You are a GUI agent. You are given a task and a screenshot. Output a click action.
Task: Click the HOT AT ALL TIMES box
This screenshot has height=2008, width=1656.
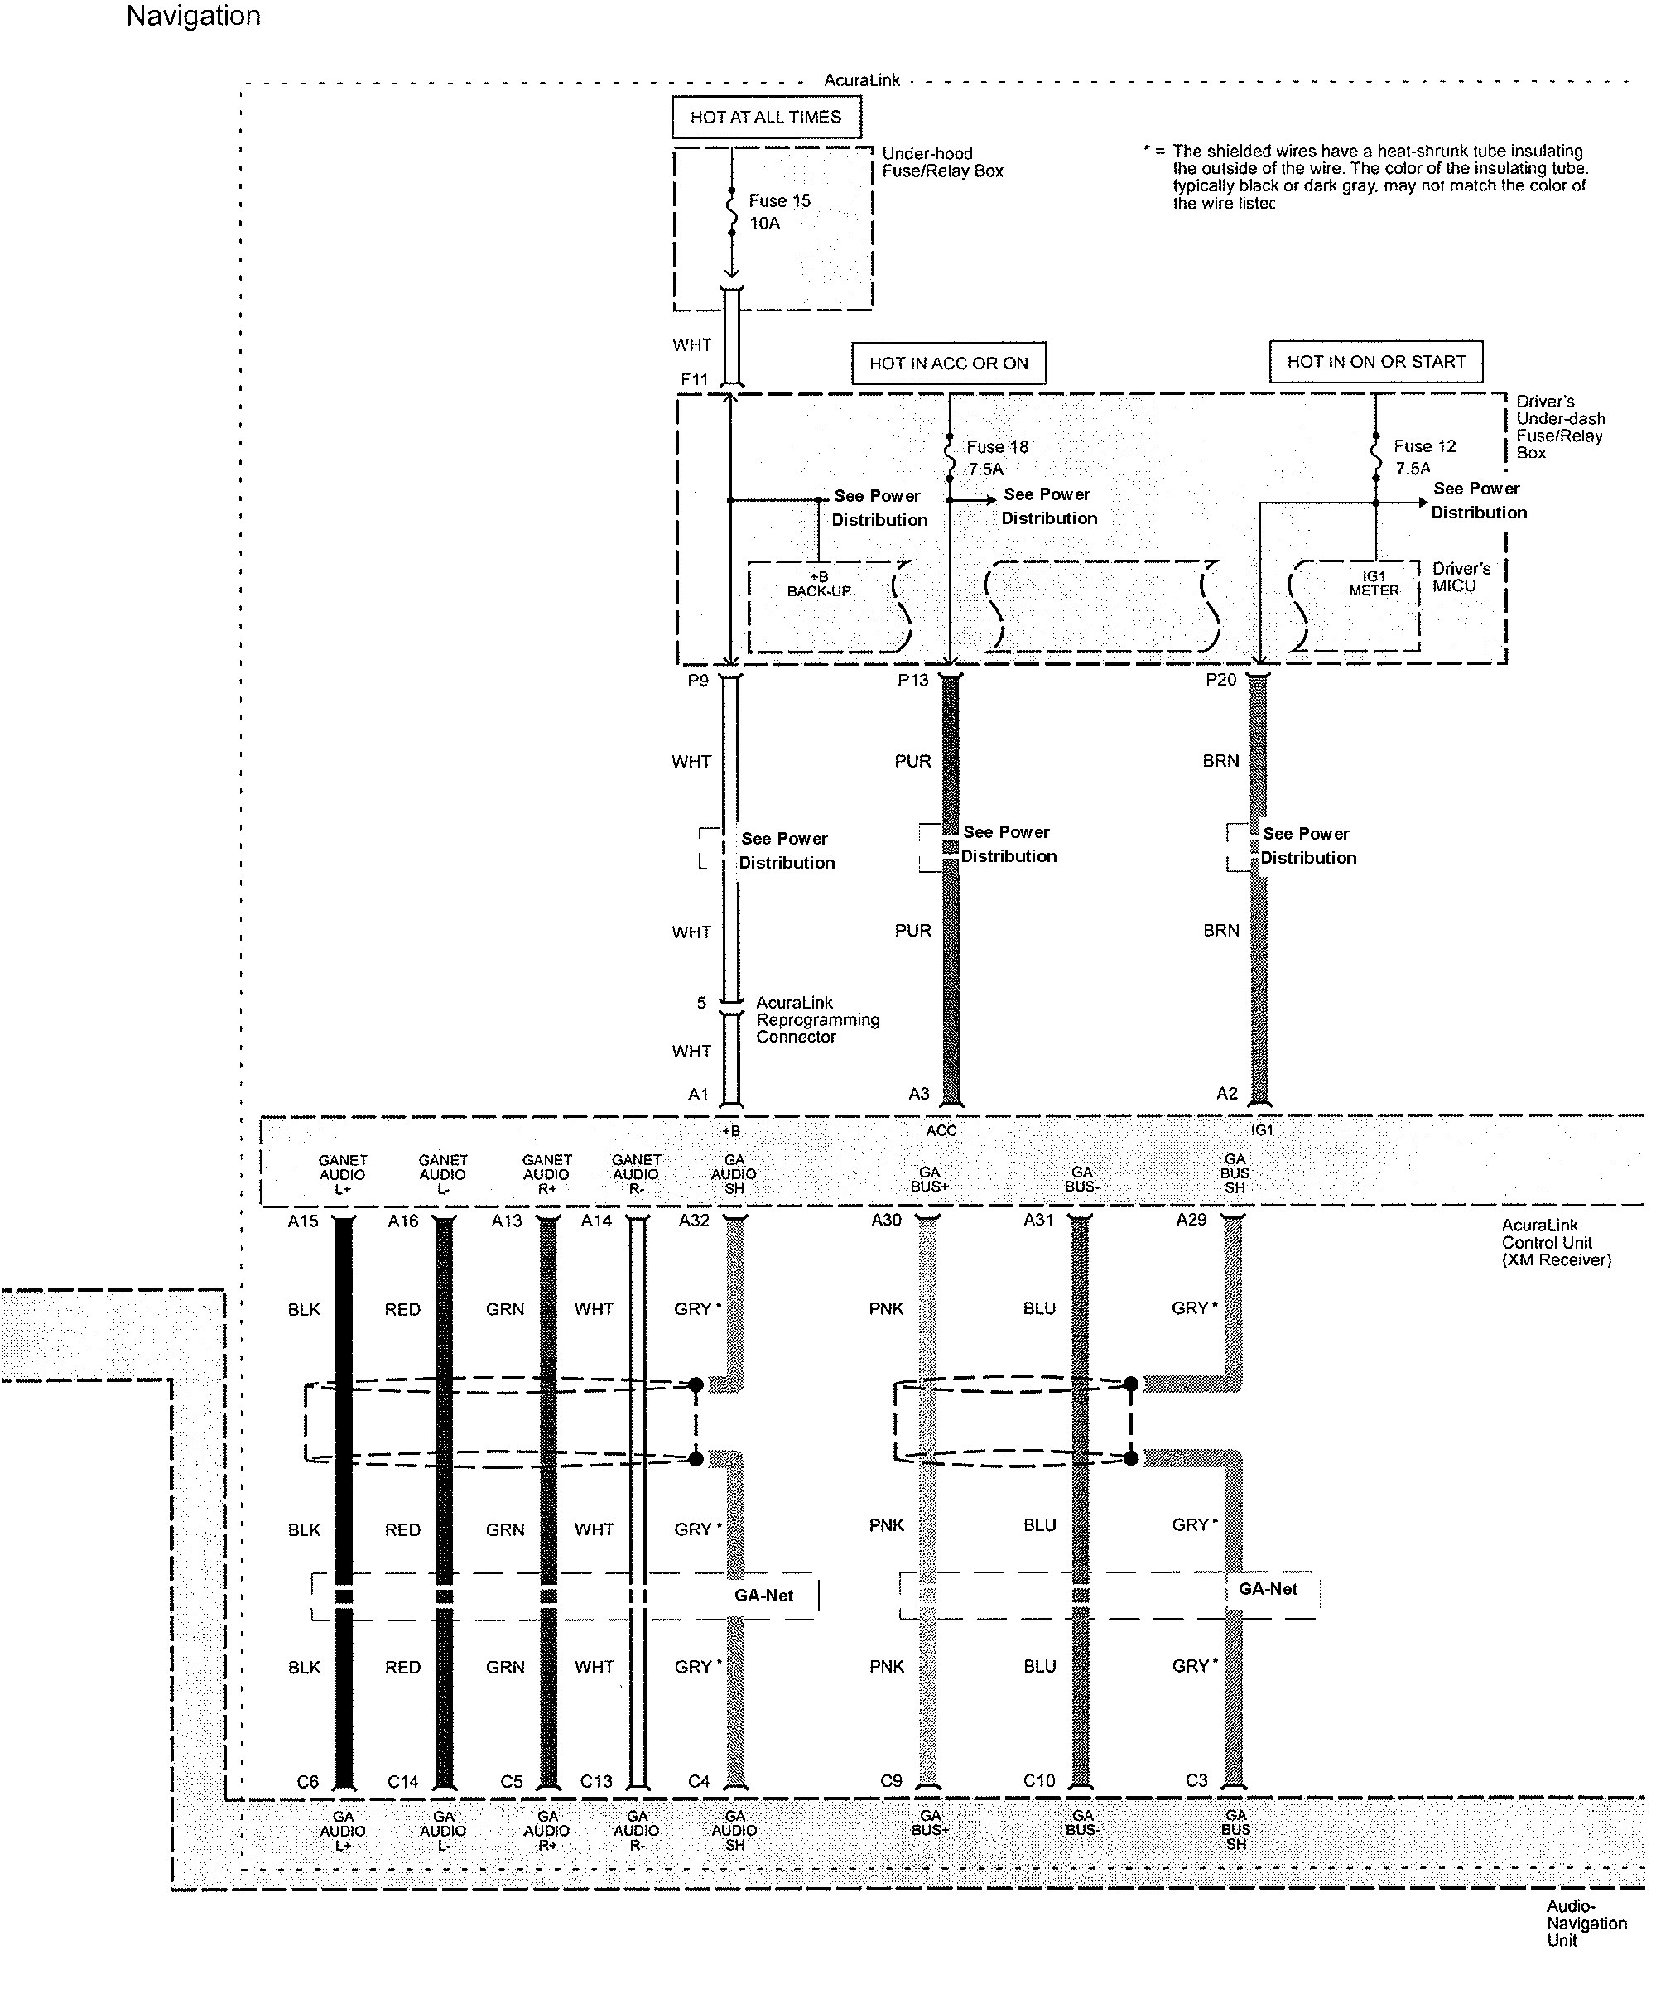(765, 118)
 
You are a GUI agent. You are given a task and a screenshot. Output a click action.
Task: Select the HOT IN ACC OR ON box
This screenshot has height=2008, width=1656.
(948, 364)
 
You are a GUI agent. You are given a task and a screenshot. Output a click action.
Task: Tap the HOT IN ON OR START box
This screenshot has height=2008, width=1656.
(1375, 363)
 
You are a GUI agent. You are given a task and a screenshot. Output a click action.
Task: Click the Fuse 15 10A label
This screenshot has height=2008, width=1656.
(778, 212)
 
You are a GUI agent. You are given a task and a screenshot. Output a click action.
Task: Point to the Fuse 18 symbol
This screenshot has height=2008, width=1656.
(949, 459)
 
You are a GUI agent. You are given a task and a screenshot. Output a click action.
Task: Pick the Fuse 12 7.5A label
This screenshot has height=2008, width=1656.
(1424, 457)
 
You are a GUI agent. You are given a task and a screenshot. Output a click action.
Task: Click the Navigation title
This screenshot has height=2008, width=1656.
(194, 17)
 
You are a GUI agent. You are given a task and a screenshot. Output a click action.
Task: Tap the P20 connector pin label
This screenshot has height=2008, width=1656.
(1220, 680)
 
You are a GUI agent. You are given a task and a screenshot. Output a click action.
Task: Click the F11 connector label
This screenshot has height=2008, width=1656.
(695, 380)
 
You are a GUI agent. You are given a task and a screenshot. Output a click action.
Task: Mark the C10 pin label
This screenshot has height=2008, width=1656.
(1039, 1780)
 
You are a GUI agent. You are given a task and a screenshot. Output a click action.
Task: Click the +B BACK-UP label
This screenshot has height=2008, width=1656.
(818, 584)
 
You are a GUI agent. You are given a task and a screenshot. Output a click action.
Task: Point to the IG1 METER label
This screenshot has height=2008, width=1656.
(1374, 583)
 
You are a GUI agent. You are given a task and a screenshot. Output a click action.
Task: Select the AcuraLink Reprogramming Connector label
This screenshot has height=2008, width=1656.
(817, 1020)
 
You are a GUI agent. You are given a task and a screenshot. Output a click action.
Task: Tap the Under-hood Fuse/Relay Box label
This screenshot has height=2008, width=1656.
(942, 162)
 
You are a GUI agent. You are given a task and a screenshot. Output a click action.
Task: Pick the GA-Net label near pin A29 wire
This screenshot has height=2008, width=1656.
(1267, 1588)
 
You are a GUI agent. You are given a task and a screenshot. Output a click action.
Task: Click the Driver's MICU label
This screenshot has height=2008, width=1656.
(1461, 577)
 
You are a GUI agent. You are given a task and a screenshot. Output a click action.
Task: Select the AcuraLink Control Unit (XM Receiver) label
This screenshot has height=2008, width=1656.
(1556, 1242)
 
